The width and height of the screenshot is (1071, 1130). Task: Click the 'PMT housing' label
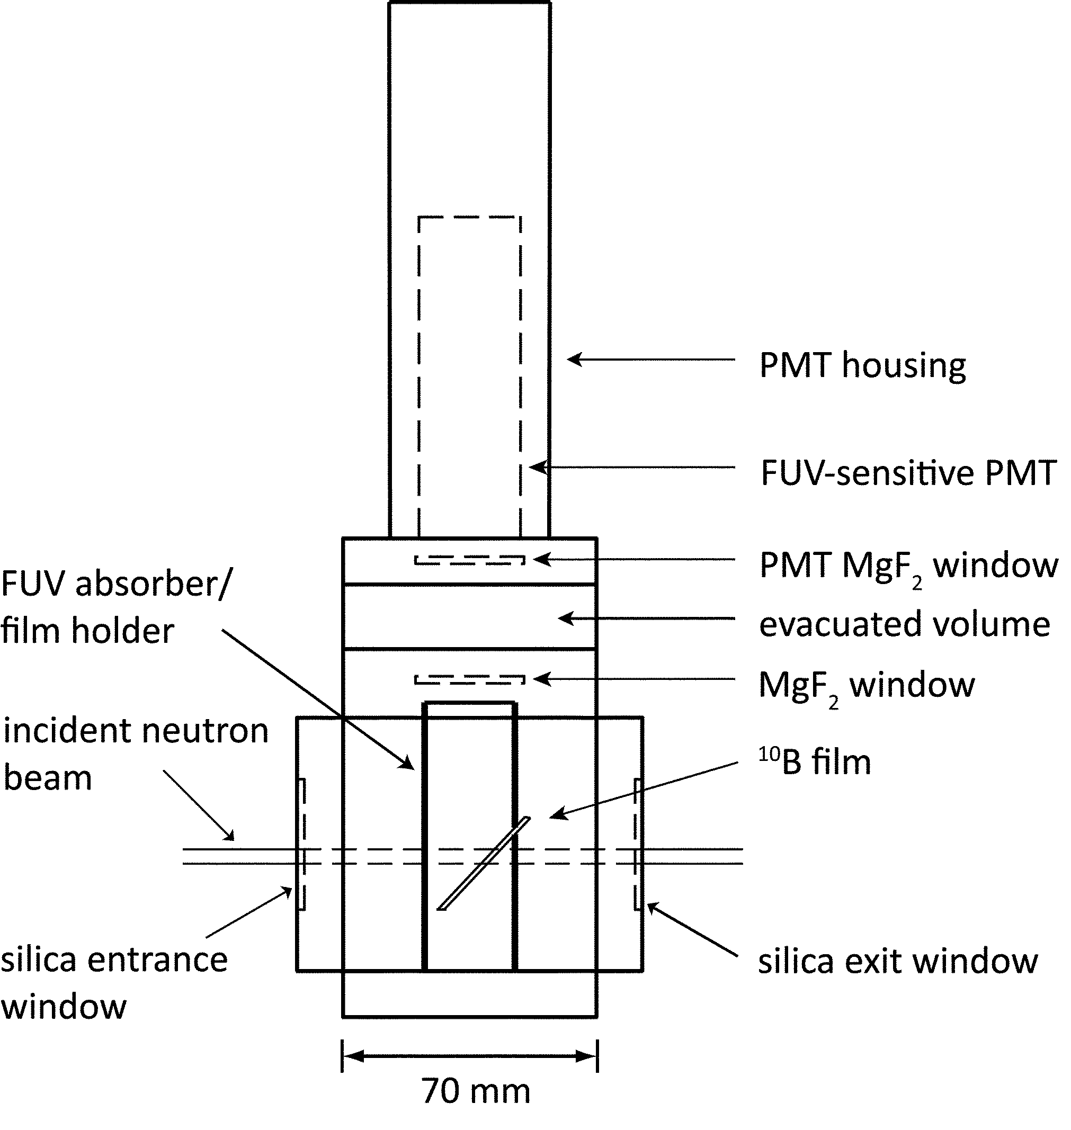point(862,365)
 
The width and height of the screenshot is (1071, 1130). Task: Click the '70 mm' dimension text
point(476,1091)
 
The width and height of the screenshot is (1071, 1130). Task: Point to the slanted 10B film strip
point(484,864)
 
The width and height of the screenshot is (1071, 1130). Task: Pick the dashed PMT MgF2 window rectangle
point(469,560)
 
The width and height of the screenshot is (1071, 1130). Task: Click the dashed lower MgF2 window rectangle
point(469,679)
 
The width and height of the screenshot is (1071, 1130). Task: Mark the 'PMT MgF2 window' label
point(908,566)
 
